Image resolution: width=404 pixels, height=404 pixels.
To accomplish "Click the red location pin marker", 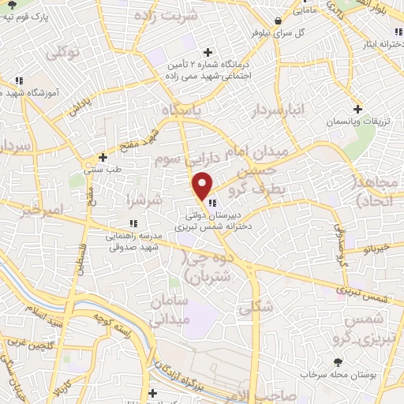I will pyautogui.click(x=203, y=185).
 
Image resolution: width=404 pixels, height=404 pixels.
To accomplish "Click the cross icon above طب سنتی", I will pyautogui.click(x=103, y=157).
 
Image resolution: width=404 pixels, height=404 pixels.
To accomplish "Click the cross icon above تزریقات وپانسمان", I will pyautogui.click(x=358, y=109).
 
